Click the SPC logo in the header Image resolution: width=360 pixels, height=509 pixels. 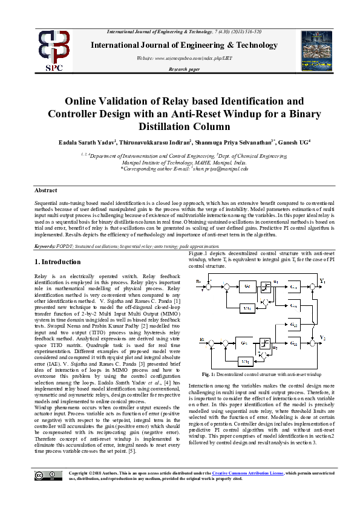click(x=55, y=50)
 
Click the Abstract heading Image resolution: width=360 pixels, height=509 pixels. click(x=47, y=190)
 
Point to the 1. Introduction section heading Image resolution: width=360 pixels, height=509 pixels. click(x=57, y=262)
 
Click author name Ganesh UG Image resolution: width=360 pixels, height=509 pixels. click(x=291, y=143)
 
